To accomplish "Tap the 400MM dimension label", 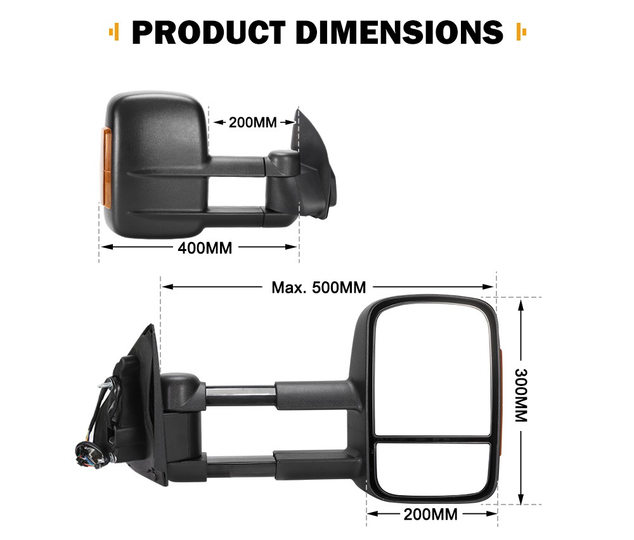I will point(205,248).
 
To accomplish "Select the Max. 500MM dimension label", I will point(318,288).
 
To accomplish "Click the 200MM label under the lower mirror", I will point(430,514).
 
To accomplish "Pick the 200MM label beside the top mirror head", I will point(252,122).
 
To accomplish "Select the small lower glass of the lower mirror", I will point(432,468).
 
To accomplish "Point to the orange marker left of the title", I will point(115,31).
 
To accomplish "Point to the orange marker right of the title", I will point(522,31).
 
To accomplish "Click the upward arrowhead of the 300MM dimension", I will point(521,304).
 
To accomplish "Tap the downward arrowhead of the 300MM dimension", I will point(521,499).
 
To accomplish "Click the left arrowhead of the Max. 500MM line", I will point(166,287).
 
